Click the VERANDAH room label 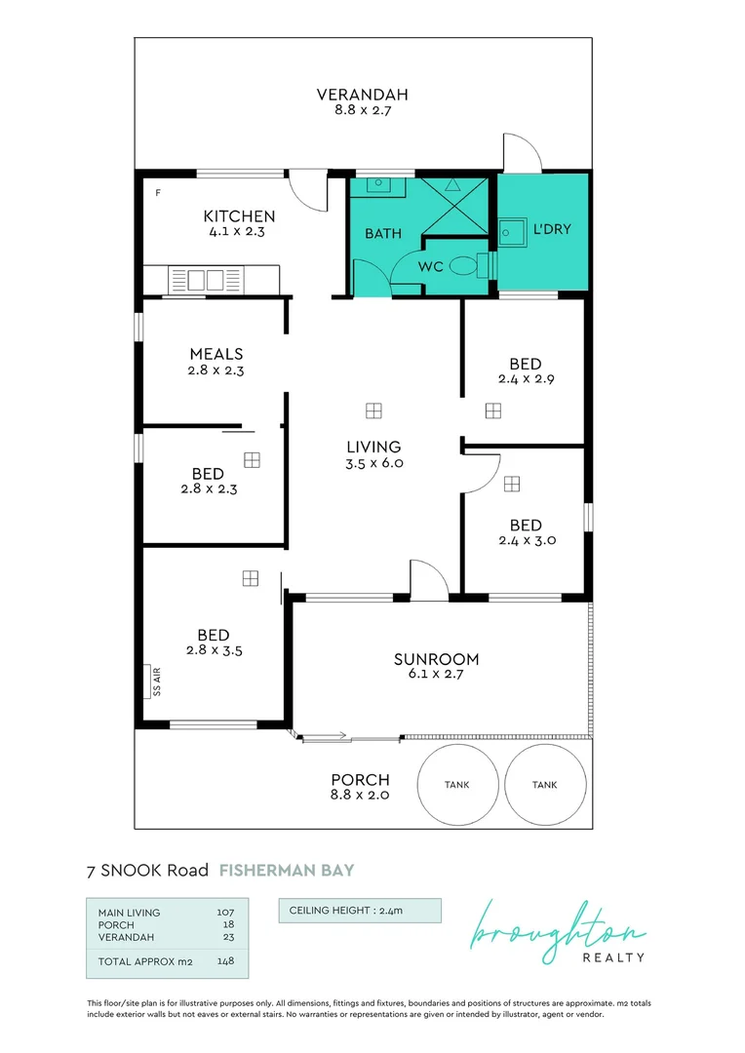(362, 95)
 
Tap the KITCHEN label (238, 216)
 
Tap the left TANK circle (457, 784)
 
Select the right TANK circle (545, 784)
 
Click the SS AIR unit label (155, 682)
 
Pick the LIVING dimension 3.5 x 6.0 (373, 463)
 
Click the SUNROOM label (436, 659)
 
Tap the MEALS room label (216, 354)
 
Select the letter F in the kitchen (157, 192)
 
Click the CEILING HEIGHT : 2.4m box (360, 911)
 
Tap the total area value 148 (225, 960)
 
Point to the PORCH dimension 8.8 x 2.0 (360, 796)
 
